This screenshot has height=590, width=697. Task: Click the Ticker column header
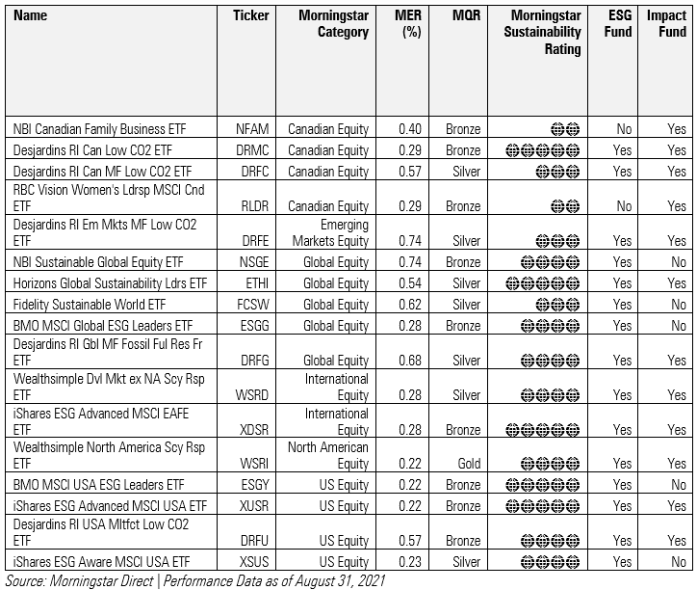[x=250, y=15]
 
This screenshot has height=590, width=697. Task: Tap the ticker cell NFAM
[x=253, y=128]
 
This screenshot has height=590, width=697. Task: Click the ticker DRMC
[x=253, y=150]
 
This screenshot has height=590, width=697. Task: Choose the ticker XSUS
[x=253, y=562]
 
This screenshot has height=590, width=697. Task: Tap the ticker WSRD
[x=252, y=395]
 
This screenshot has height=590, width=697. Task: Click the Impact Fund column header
[x=666, y=23]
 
